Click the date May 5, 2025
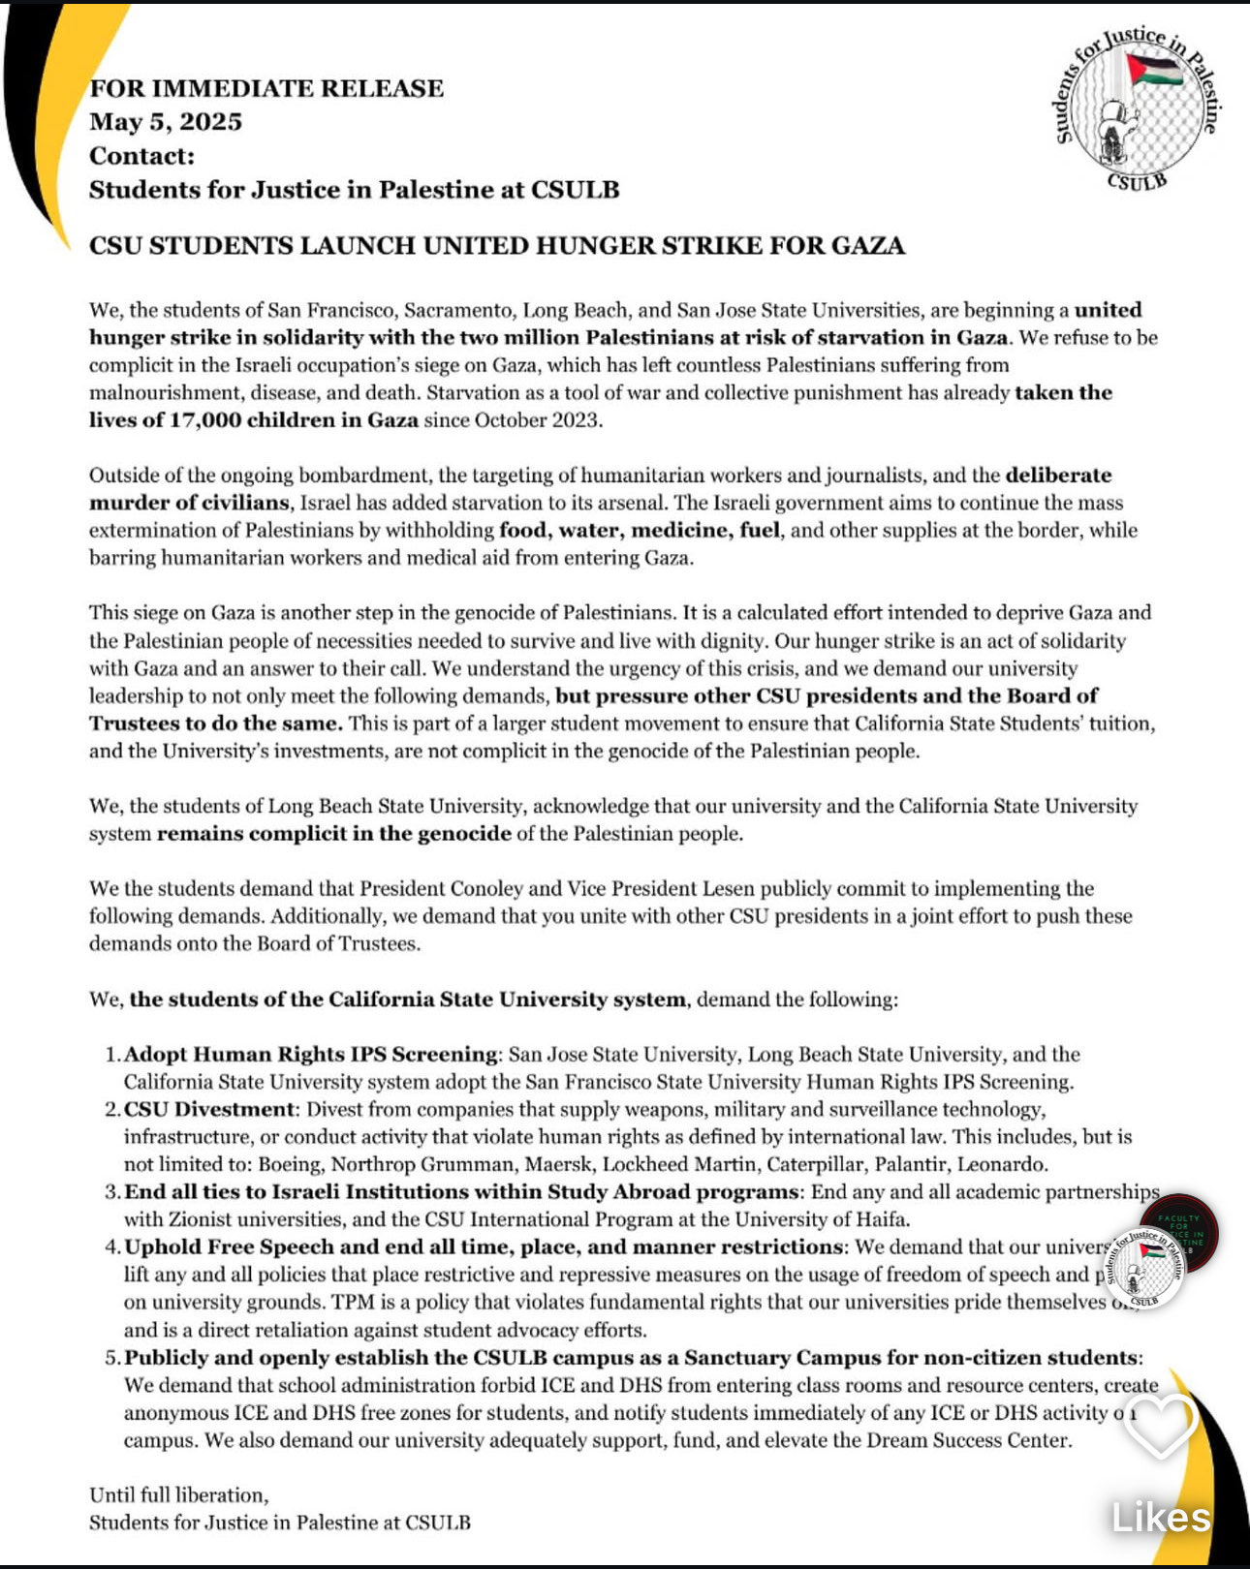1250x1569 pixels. coord(166,122)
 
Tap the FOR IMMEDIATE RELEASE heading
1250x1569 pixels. coord(266,88)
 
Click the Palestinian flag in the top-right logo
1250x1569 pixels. coord(1155,71)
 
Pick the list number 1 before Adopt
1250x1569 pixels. coord(111,1055)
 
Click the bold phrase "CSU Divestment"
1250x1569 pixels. coord(208,1110)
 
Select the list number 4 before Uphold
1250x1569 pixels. coord(111,1247)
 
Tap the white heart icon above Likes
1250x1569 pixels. coord(1160,1424)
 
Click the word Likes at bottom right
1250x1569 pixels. coord(1161,1518)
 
